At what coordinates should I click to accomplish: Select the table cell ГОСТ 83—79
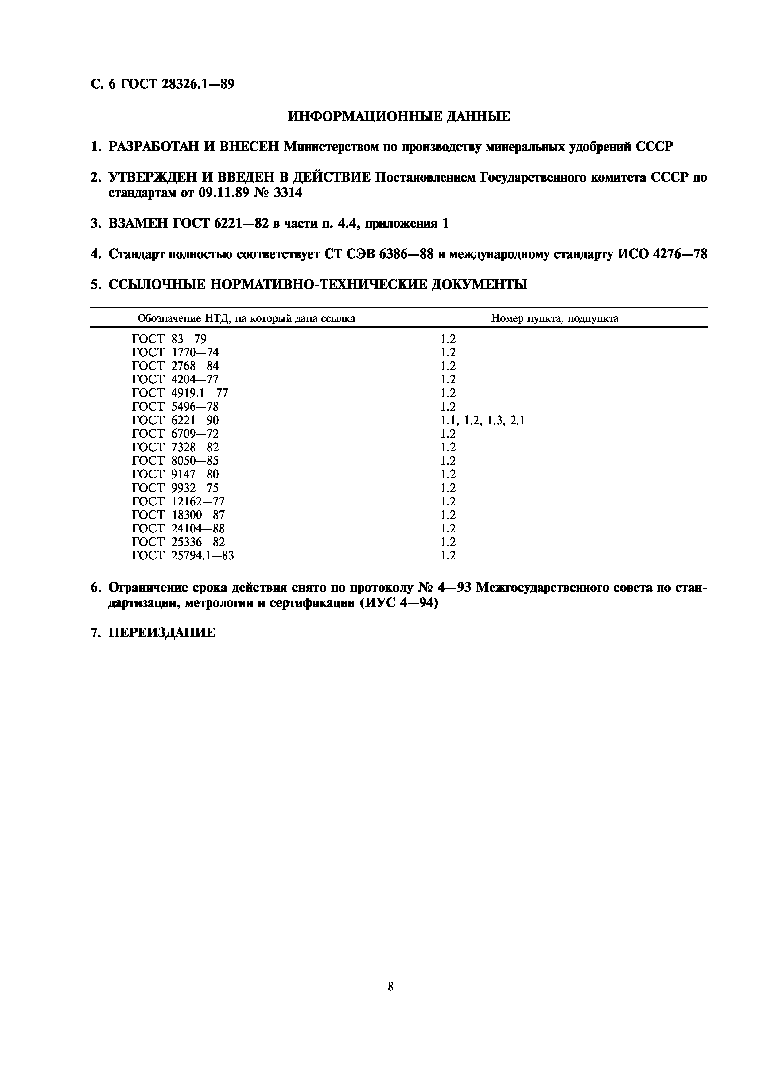169,339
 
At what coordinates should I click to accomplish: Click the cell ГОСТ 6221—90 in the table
175,420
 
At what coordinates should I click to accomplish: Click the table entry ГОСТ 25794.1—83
183,555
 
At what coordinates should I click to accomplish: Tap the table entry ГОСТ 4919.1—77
180,393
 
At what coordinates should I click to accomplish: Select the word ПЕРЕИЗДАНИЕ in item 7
162,633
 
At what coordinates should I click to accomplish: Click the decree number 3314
287,193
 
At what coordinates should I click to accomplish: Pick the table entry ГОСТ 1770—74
175,352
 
